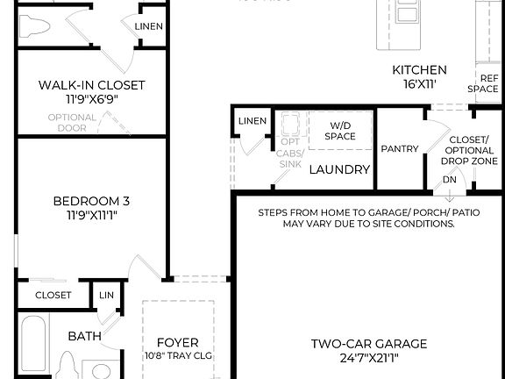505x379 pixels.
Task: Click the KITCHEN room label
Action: coord(419,70)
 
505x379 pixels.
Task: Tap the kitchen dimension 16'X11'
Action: coord(419,85)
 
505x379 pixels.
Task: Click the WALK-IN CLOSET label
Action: coord(91,85)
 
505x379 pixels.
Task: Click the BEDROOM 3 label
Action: coord(91,200)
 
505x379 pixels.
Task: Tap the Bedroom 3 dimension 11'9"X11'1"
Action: coord(91,215)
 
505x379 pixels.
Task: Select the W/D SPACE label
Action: coord(340,131)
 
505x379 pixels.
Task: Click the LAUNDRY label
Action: coord(339,169)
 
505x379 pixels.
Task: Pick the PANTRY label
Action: coord(399,149)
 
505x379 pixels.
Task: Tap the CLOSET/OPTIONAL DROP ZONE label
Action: coord(473,150)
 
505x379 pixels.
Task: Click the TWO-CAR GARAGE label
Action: coord(368,344)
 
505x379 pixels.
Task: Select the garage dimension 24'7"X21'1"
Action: coord(368,358)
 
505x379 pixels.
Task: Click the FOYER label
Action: coord(177,342)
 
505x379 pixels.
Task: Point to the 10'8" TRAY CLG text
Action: coord(178,355)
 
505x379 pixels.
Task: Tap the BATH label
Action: coord(85,335)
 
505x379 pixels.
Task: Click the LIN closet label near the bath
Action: coord(106,296)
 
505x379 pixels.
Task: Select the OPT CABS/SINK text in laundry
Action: coord(288,154)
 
